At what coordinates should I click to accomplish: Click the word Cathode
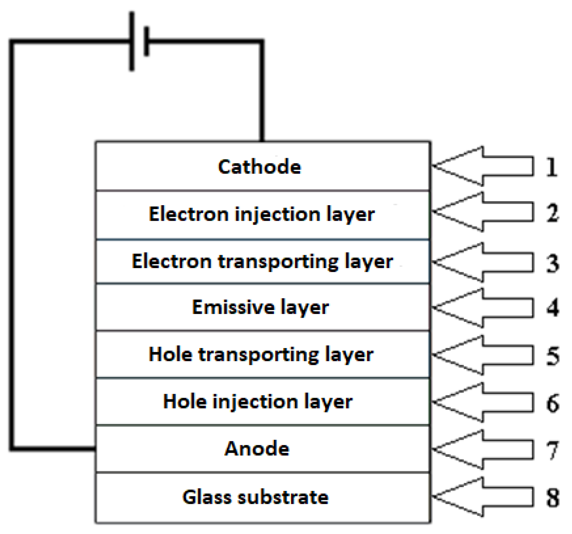259,167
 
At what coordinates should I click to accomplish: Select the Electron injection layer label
262,214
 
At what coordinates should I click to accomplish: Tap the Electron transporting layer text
262,261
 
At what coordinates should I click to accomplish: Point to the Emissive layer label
260,307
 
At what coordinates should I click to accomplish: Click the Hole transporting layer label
261,354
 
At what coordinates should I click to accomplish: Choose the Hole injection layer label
257,402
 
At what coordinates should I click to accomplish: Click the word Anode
257,449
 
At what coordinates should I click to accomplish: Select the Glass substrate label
255,497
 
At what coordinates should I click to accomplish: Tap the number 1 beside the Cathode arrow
551,167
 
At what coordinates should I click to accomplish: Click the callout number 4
552,308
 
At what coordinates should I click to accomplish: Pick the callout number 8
552,497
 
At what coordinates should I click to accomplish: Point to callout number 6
552,403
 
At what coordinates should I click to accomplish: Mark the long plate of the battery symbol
132,42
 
